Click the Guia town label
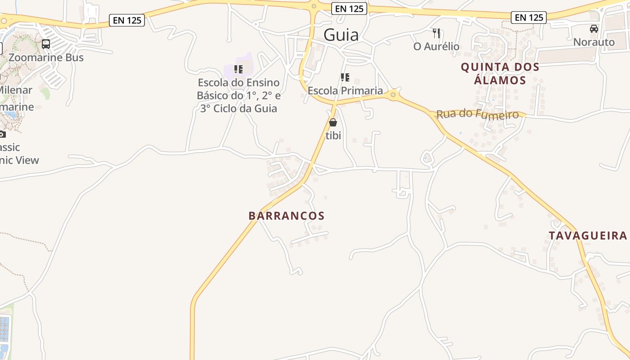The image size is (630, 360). point(341,35)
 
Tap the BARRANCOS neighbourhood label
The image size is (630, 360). point(287,216)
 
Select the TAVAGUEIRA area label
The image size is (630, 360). point(588,235)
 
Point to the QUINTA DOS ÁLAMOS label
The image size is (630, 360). point(500,74)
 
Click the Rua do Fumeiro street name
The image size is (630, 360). point(477,114)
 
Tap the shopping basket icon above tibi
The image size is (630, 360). point(333,122)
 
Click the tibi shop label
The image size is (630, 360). point(333,135)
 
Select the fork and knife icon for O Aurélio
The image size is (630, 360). point(436,33)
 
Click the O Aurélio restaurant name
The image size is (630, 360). point(436,46)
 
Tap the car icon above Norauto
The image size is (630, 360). point(594,29)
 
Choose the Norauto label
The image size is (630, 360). point(594,42)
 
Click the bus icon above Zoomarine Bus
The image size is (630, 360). point(46,44)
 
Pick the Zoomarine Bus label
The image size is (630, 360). point(46,58)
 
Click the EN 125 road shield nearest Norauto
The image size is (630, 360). point(529,18)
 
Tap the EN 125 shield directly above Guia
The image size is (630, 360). point(349,9)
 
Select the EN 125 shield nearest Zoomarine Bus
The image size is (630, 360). point(127,20)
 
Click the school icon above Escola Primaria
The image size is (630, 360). point(345,77)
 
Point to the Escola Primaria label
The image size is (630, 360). point(345,90)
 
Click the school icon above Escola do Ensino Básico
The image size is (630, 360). point(238,69)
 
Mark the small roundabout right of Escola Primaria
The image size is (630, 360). point(393,94)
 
